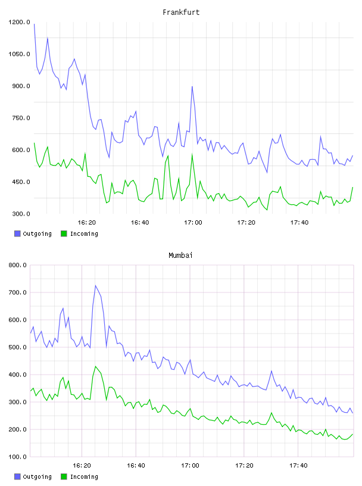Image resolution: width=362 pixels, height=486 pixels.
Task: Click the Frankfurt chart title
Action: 181,13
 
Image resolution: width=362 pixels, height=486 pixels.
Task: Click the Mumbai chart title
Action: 180,256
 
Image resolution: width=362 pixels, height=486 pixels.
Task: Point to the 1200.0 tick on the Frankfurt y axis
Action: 19,22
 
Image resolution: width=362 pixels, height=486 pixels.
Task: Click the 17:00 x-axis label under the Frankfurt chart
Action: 193,222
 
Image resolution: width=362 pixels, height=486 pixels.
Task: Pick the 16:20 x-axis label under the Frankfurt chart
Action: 86,222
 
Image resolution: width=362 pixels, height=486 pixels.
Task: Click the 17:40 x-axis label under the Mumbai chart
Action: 298,465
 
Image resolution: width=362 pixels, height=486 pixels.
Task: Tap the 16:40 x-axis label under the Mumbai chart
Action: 136,465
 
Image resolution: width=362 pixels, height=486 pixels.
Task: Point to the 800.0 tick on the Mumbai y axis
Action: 17,265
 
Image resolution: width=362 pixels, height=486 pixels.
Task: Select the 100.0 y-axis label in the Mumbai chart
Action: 17,457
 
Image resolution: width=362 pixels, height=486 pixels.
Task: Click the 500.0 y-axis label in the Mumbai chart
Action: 17,347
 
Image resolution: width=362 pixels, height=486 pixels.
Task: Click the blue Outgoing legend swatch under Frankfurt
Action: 17,233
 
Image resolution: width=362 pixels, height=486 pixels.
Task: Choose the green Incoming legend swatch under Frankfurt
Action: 64,233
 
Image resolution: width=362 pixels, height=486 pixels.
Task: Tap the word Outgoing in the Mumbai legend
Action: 37,476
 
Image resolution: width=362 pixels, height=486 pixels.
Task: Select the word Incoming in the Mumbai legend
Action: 84,476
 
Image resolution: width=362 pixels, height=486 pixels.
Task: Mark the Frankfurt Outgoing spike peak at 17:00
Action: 192,86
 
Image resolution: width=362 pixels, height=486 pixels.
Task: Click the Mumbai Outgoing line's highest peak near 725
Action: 95,285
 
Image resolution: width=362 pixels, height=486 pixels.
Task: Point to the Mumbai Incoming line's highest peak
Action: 95,366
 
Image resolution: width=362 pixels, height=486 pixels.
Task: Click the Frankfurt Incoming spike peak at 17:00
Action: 192,154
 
